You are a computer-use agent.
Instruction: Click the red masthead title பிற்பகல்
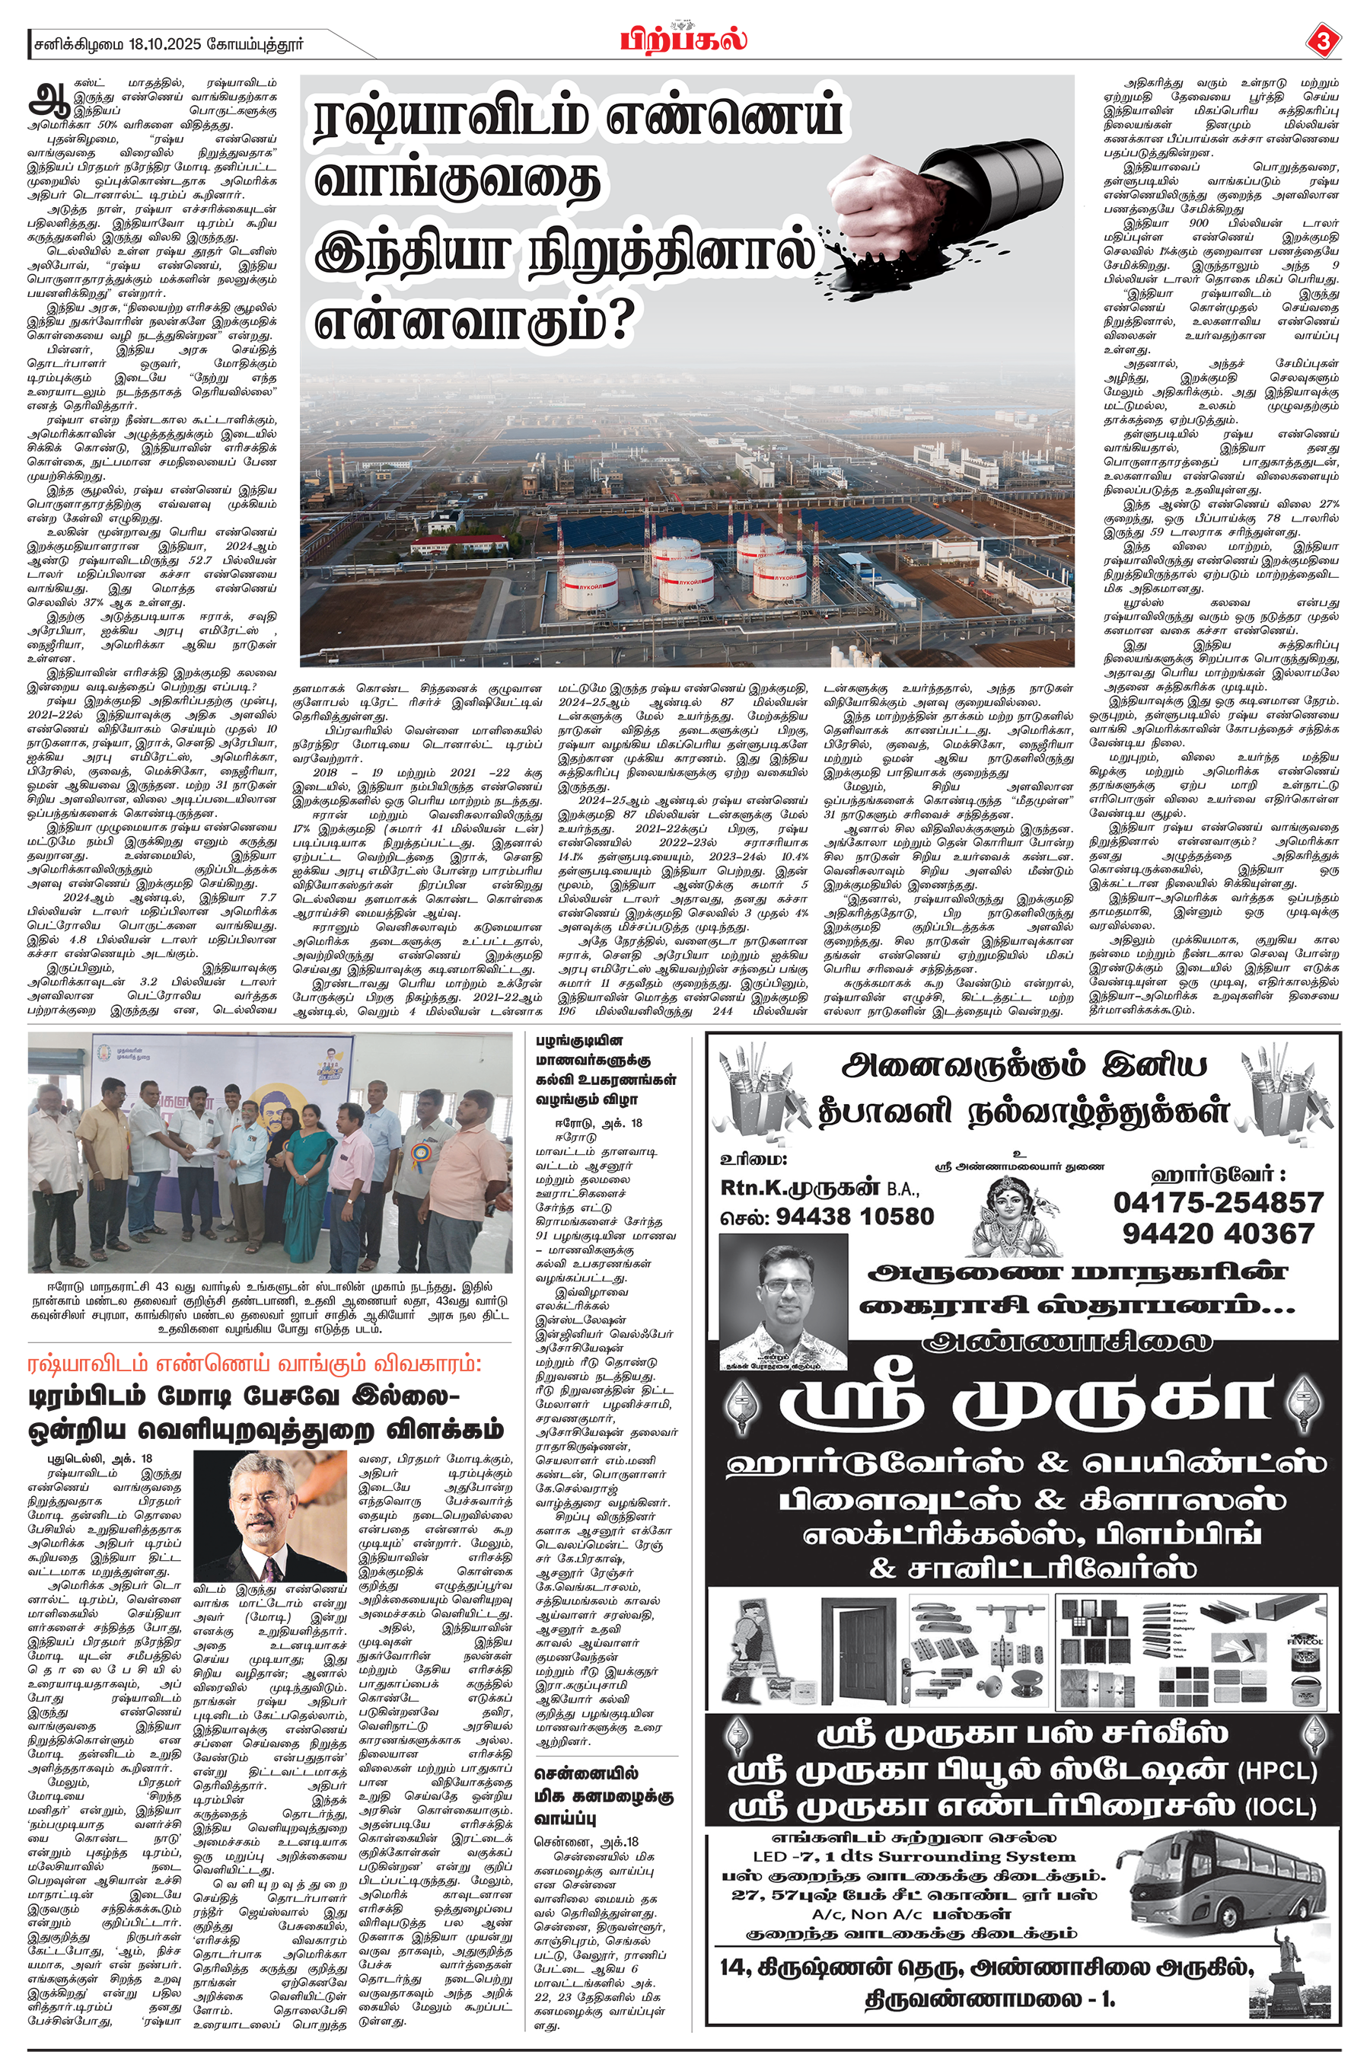coord(684,40)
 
